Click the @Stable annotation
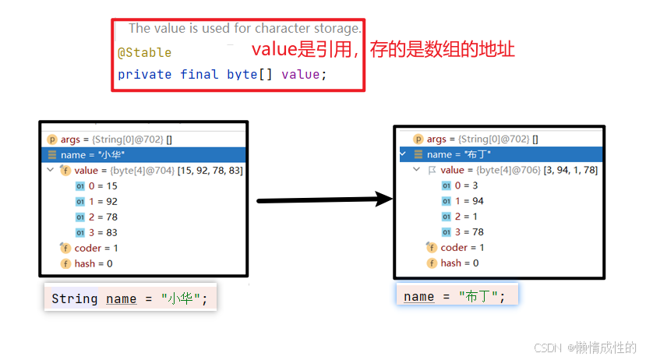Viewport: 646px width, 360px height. (144, 54)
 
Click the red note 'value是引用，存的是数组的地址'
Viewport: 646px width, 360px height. (383, 50)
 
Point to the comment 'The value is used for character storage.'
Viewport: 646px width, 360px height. (245, 28)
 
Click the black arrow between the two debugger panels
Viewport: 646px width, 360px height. (323, 200)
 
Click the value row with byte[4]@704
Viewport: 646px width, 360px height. (152, 170)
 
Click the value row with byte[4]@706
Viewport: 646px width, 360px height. (518, 170)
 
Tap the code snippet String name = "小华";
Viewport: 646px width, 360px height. (129, 298)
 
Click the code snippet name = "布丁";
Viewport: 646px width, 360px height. (455, 296)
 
